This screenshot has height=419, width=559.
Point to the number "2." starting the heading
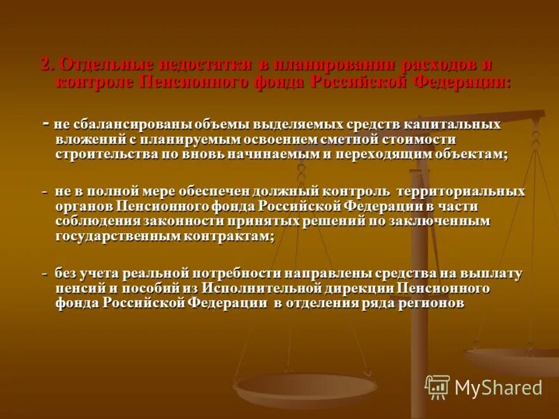pos(48,65)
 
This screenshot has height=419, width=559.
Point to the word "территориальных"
pos(461,191)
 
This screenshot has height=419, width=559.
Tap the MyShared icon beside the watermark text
pos(437,387)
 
